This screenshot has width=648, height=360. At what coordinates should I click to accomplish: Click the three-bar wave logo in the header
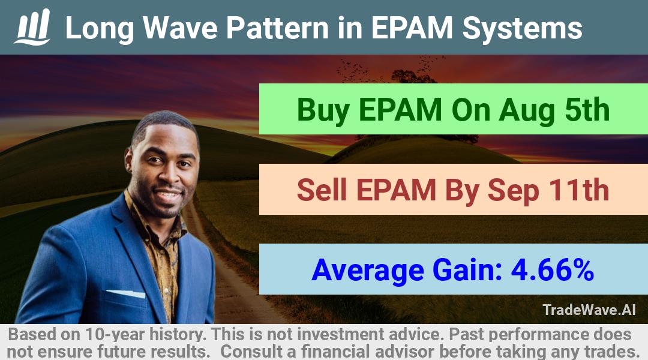point(32,27)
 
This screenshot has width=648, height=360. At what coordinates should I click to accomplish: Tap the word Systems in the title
point(523,29)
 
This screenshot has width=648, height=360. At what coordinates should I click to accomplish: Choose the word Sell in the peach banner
point(322,190)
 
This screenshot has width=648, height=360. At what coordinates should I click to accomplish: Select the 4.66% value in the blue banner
point(553,271)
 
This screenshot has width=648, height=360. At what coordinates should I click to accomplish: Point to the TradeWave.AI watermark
point(589,310)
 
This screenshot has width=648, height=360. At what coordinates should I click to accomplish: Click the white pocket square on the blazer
point(127,294)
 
